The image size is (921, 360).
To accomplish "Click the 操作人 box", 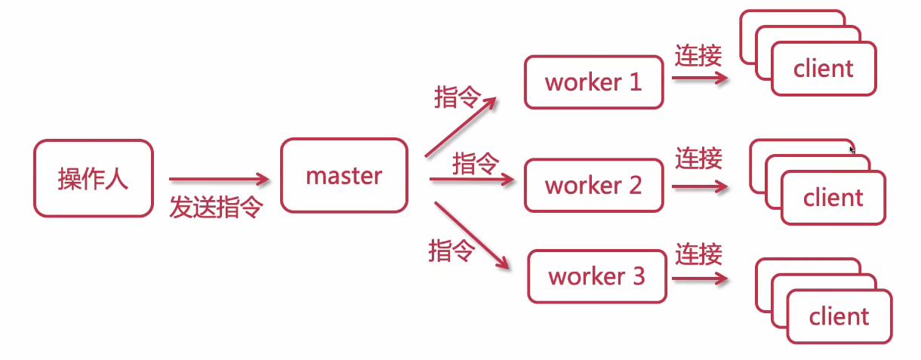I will [93, 178].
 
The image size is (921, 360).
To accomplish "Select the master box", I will [343, 176].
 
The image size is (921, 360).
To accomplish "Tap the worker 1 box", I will [593, 82].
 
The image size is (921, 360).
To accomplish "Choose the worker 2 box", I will [593, 184].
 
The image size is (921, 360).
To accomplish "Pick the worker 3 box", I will [596, 276].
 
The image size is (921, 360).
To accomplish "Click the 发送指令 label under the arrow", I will [215, 206].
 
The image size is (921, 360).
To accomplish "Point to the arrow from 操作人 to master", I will [219, 179].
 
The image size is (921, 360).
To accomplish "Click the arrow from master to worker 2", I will [472, 180].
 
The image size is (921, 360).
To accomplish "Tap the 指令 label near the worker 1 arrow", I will [457, 97].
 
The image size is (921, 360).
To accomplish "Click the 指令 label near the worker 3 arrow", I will [451, 250].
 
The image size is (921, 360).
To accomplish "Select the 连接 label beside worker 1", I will [698, 56].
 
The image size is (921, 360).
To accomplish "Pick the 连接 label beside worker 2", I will [698, 158].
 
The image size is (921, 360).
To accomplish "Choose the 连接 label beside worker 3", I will [698, 254].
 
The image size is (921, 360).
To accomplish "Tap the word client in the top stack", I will [823, 69].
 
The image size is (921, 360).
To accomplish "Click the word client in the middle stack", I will [833, 198].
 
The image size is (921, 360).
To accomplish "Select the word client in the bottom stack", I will [839, 315].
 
